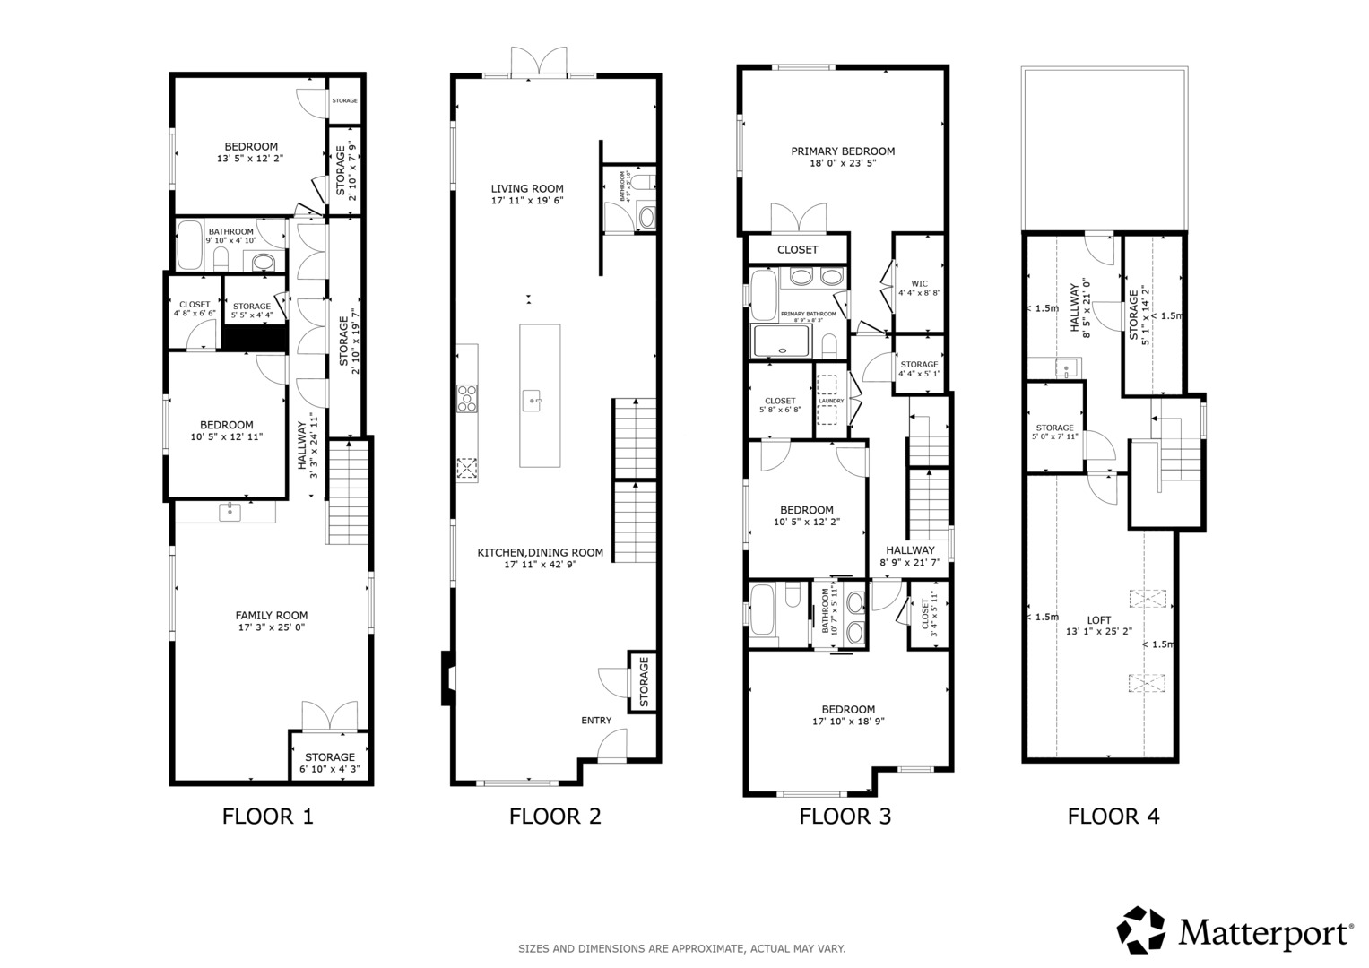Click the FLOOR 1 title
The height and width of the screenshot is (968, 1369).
click(x=267, y=817)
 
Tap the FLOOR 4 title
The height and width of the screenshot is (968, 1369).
click(x=1113, y=817)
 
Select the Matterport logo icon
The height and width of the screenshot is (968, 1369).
click(x=1141, y=929)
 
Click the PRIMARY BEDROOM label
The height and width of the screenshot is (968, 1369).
click(x=842, y=151)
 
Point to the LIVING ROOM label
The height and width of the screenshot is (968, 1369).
click(x=526, y=188)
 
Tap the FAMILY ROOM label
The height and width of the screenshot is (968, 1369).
click(x=271, y=615)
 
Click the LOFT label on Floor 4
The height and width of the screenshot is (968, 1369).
click(x=1098, y=619)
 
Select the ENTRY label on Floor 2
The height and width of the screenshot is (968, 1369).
click(x=596, y=720)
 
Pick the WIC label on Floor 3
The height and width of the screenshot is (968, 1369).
click(x=919, y=283)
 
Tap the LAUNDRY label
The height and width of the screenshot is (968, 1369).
click(x=831, y=401)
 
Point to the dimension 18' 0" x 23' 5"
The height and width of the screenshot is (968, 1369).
click(x=842, y=164)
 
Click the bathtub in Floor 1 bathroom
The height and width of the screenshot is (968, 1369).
click(x=189, y=245)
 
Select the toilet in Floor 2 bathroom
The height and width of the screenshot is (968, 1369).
click(x=646, y=217)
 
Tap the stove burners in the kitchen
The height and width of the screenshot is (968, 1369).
click(x=467, y=398)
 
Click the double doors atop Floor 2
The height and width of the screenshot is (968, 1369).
click(x=539, y=63)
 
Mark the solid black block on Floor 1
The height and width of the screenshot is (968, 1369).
click(x=254, y=338)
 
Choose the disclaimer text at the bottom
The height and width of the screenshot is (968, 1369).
click(x=681, y=948)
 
